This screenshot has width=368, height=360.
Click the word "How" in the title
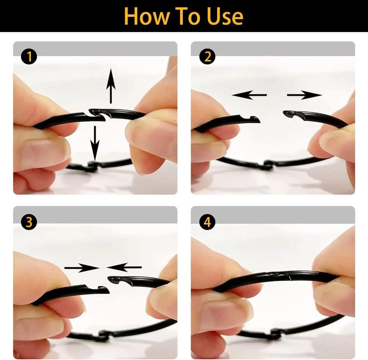pyautogui.click(x=146, y=16)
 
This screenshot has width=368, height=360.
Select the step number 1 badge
pyautogui.click(x=29, y=57)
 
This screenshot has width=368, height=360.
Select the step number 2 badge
pyautogui.click(x=208, y=57)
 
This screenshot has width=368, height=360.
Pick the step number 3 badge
pyautogui.click(x=29, y=222)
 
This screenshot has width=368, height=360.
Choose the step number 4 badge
pyautogui.click(x=208, y=222)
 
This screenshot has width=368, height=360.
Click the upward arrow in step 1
pyautogui.click(x=111, y=86)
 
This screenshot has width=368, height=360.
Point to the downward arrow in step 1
pyautogui.click(x=95, y=143)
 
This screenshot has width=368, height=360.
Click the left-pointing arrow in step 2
pyautogui.click(x=249, y=95)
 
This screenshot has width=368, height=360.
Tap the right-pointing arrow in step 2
pyautogui.click(x=304, y=95)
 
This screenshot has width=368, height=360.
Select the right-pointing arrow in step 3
pyautogui.click(x=82, y=268)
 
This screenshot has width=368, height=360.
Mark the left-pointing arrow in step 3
pyautogui.click(x=124, y=267)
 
